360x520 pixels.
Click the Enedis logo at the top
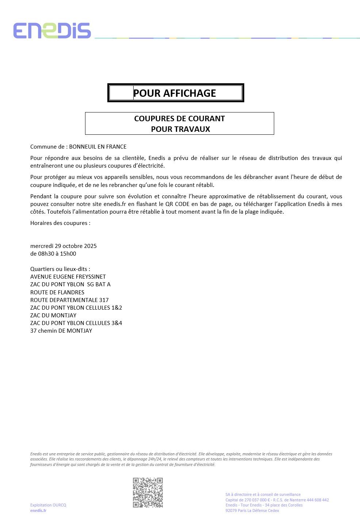[x=52, y=31]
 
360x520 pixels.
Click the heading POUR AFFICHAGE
[x=175, y=93]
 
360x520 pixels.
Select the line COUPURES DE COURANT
[x=179, y=119]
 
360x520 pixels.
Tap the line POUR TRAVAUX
[x=180, y=129]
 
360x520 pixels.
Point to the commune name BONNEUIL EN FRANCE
[x=97, y=147]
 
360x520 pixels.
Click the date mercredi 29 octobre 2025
[x=64, y=246]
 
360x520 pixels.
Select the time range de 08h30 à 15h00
[x=53, y=254]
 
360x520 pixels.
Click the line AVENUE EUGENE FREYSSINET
[x=68, y=277]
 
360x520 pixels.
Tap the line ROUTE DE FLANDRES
[x=57, y=292]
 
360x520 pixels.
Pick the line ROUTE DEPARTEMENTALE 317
[x=69, y=300]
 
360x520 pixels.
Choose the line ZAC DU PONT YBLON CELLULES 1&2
[x=76, y=308]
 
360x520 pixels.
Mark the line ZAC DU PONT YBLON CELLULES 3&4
[x=76, y=323]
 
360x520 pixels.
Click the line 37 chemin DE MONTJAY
[x=61, y=331]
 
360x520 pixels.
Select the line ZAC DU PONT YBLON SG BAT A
[x=70, y=284]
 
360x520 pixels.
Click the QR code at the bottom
[x=148, y=492]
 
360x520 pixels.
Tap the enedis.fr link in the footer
[x=38, y=511]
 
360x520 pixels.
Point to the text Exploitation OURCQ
[x=48, y=505]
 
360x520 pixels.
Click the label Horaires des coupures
[x=60, y=223]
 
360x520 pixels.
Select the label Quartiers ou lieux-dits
[x=60, y=269]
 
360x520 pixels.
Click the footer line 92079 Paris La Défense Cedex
[x=252, y=511]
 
